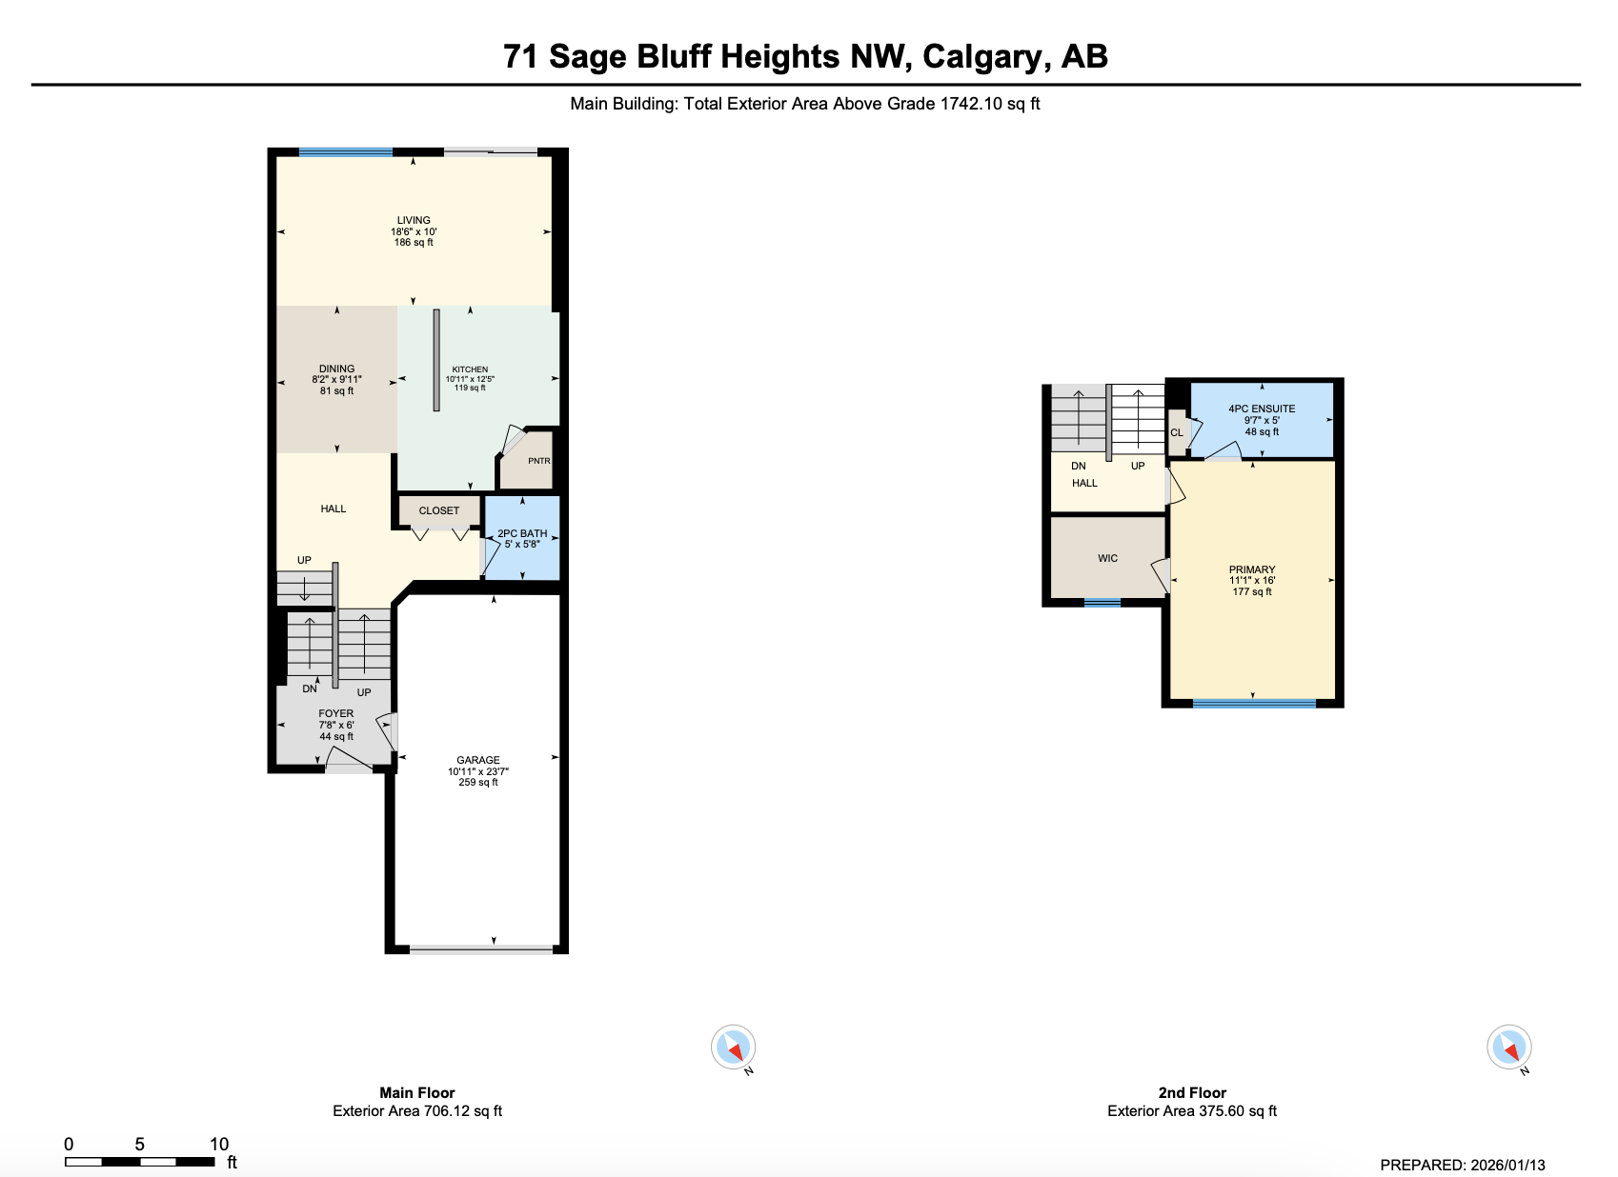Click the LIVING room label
coord(414,220)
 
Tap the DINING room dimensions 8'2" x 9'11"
coord(336,380)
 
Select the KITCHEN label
coord(470,369)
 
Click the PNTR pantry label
coord(538,461)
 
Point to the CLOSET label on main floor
coord(439,510)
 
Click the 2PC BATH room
coord(522,538)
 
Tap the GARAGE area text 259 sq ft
coord(478,783)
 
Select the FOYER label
coord(335,713)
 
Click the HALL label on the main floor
coord(334,509)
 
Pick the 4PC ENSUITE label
coord(1262,409)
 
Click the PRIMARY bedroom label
coord(1252,569)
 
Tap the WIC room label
coord(1107,558)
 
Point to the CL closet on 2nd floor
coord(1177,432)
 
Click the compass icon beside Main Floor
coord(733,1047)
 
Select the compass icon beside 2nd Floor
coord(1508,1047)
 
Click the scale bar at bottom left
coord(140,1161)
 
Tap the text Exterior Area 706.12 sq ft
coord(417,1111)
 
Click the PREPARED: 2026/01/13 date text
coord(1463,1165)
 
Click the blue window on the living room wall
coord(345,152)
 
